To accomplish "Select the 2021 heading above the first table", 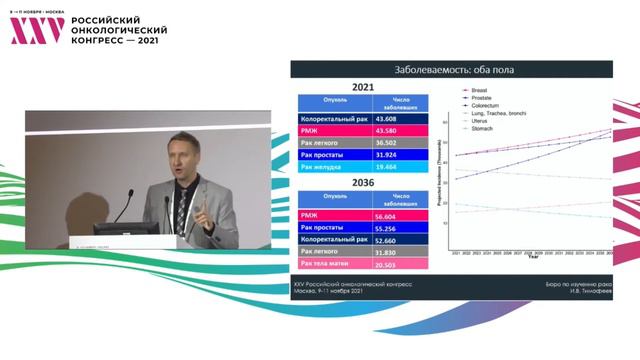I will (x=363, y=87).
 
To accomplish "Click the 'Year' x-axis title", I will (x=532, y=261).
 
